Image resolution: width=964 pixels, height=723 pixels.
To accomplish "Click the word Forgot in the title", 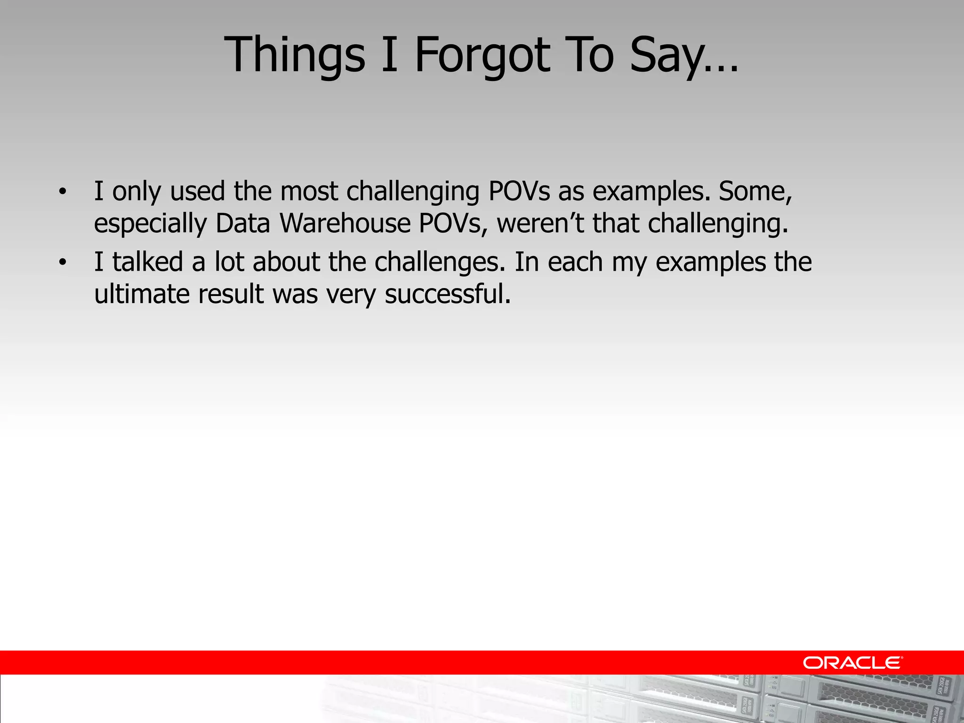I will point(482,56).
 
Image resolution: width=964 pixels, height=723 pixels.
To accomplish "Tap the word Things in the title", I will point(294,56).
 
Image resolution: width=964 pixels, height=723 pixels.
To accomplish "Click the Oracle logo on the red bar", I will point(852,663).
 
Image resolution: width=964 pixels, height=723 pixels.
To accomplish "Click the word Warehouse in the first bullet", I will point(345,223).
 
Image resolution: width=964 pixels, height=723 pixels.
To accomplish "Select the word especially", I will point(150,224).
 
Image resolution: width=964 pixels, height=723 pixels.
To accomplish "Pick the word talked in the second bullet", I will point(147,262).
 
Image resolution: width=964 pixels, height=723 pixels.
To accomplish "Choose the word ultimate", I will point(142,294).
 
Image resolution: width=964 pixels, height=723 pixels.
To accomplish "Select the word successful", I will point(447,294).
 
